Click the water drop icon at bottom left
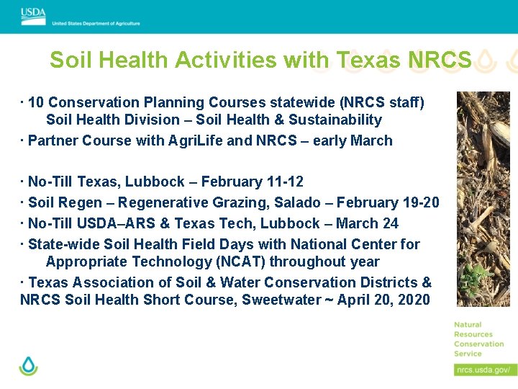pyautogui.click(x=29, y=366)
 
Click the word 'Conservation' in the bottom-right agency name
pyautogui.click(x=478, y=344)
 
